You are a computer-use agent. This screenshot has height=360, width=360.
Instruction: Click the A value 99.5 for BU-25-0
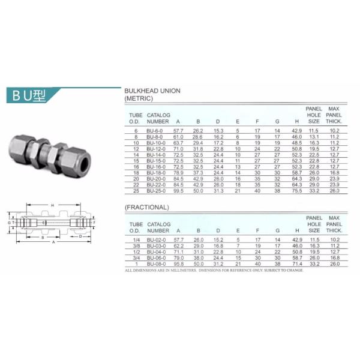click(x=178, y=190)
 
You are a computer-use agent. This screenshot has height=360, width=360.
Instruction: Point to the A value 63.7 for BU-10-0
click(x=178, y=143)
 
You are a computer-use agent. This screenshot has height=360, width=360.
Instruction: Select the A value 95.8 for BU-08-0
click(x=178, y=263)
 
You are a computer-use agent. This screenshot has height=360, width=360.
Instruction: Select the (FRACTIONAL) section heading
click(x=146, y=208)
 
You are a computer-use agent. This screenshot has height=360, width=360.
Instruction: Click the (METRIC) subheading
click(x=139, y=97)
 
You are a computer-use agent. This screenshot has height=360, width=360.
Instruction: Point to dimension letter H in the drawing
click(x=53, y=205)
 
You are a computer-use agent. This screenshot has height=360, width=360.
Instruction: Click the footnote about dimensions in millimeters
click(x=214, y=270)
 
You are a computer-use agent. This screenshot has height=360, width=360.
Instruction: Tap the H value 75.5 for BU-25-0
click(x=296, y=190)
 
